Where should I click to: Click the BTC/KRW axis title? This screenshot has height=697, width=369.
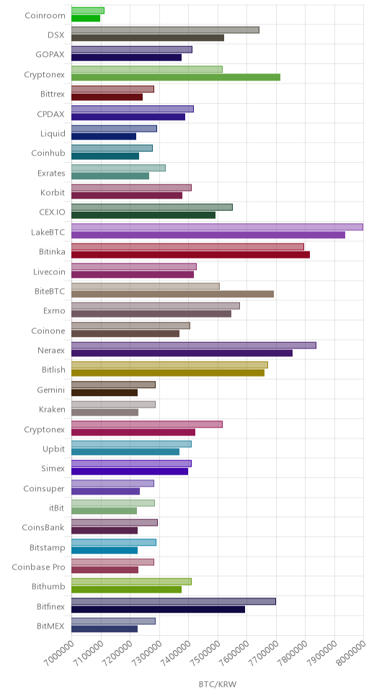pyautogui.click(x=217, y=683)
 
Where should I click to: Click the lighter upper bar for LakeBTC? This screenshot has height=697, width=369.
pyautogui.click(x=217, y=227)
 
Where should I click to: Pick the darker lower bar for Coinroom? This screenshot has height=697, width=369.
pyautogui.click(x=86, y=18)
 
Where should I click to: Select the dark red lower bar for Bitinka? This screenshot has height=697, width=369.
pyautogui.click(x=190, y=255)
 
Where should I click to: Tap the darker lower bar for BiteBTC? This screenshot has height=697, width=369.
pyautogui.click(x=172, y=294)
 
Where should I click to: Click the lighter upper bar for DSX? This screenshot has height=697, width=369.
pyautogui.click(x=165, y=30)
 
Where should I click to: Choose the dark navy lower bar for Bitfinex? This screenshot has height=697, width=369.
pyautogui.click(x=158, y=609)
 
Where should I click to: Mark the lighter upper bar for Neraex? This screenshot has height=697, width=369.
pyautogui.click(x=194, y=345)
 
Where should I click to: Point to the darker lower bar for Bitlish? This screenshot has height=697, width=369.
pyautogui.click(x=168, y=373)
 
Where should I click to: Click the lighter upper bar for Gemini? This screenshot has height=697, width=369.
pyautogui.click(x=113, y=385)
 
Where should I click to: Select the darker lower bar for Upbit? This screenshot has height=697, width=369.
pyautogui.click(x=125, y=451)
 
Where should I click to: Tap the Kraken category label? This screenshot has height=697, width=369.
pyautogui.click(x=52, y=410)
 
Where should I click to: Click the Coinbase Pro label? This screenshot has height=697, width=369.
pyautogui.click(x=38, y=567)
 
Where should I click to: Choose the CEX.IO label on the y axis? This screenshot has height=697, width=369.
pyautogui.click(x=52, y=212)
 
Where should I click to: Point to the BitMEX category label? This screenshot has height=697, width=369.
pyautogui.click(x=50, y=626)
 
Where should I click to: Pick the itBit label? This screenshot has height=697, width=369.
pyautogui.click(x=57, y=508)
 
